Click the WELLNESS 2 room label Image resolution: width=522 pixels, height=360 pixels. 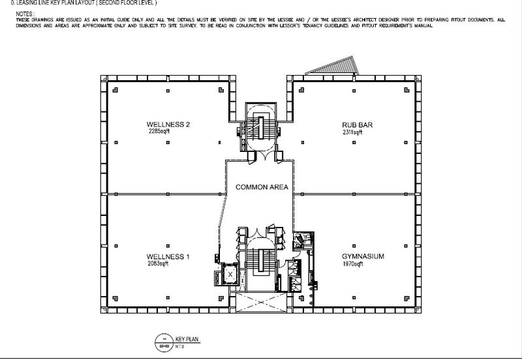click(x=168, y=124)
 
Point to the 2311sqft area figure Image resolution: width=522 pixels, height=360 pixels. click(x=352, y=132)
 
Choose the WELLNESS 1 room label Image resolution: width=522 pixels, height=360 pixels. click(x=168, y=257)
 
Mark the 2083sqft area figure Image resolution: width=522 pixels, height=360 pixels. click(x=158, y=264)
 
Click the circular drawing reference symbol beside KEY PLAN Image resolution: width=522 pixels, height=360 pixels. click(x=161, y=341)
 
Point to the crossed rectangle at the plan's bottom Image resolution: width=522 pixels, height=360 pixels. click(x=259, y=302)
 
